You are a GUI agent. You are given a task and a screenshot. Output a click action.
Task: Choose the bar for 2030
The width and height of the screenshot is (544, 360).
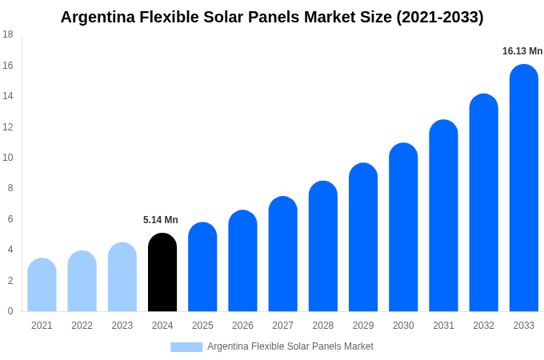point(403,227)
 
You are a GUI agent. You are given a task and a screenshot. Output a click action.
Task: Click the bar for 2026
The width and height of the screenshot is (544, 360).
point(242,261)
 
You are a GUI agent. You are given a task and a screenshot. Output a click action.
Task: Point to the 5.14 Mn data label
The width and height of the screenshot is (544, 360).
point(161,220)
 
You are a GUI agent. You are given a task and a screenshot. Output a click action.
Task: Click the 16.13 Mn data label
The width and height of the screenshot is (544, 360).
point(522,51)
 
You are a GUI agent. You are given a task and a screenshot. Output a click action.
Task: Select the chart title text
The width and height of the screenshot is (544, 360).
point(272,17)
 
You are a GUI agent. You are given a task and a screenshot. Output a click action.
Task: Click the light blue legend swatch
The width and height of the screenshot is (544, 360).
point(186,346)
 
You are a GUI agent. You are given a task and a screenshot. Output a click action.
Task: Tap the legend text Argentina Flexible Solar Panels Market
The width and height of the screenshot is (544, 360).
point(290,346)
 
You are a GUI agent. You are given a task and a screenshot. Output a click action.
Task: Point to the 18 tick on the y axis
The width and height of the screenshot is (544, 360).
point(8,34)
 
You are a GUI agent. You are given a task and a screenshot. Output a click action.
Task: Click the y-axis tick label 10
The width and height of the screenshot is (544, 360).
point(8,158)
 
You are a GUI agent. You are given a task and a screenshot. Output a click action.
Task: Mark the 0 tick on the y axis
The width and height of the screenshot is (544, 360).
point(10,311)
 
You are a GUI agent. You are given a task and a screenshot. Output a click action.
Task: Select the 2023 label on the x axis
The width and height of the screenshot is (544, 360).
point(122,326)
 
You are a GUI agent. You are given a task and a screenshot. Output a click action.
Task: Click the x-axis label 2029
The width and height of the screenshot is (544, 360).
point(363,326)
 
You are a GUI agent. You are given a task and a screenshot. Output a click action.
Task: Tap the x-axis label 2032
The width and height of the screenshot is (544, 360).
point(483,326)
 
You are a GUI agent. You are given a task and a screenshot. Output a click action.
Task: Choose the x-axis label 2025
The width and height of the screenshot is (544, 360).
point(202,326)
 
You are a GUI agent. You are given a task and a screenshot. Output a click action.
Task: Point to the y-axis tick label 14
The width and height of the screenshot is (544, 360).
point(8,96)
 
